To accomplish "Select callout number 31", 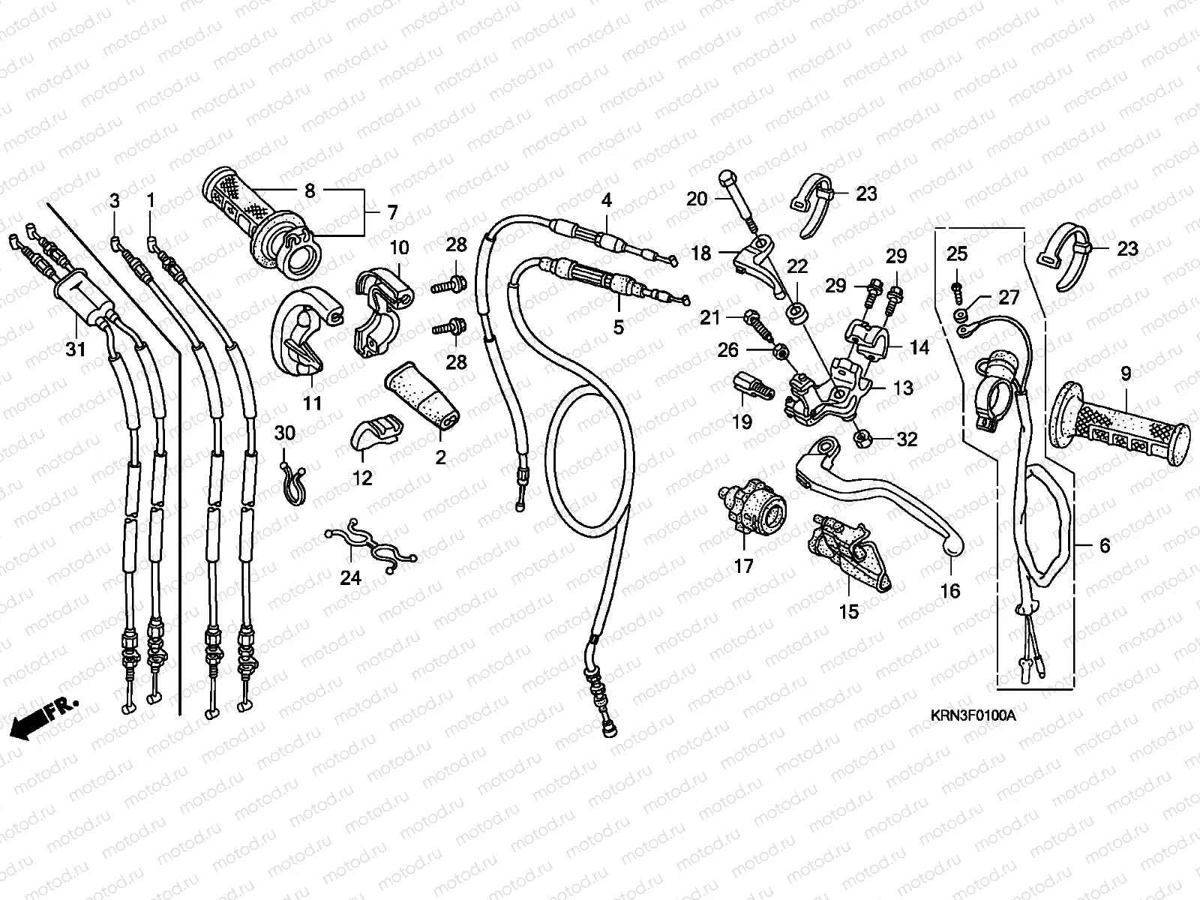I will tap(76, 349).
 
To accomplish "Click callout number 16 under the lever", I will tap(949, 591).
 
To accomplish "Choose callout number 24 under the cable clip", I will tap(351, 577).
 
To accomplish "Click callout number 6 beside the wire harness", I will tap(1104, 547).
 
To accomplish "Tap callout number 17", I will tap(743, 567).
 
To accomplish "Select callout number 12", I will tap(362, 478).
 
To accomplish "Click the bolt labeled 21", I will tap(756, 322).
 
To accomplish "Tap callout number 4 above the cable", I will tap(606, 200).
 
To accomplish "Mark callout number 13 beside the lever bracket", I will tap(904, 388).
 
